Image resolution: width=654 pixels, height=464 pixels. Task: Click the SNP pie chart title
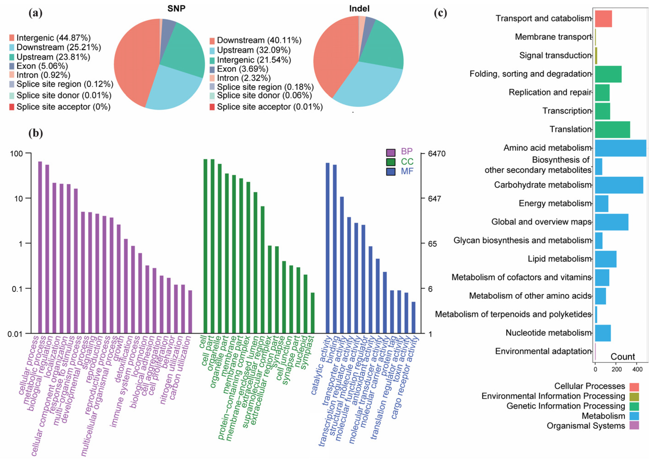(176, 9)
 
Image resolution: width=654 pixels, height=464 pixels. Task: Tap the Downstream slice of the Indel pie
(331, 57)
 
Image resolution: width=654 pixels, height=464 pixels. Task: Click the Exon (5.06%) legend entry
(42, 66)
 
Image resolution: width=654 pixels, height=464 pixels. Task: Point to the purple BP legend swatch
(390, 152)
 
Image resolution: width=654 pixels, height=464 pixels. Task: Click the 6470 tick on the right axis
(436, 154)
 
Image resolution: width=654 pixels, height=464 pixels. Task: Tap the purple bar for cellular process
(40, 247)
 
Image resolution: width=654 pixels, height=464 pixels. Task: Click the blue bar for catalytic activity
(327, 248)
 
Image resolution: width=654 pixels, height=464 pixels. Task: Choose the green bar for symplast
(313, 313)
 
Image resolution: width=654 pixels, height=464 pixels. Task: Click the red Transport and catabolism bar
(603, 18)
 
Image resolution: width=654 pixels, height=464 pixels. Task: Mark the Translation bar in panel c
(612, 130)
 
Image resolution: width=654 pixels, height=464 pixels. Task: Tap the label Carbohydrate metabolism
(542, 185)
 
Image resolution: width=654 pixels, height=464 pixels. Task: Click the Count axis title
(623, 357)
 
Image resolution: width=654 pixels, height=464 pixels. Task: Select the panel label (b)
(36, 133)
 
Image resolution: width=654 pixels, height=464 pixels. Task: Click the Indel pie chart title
(359, 9)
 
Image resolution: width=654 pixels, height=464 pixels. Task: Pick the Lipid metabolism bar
(605, 259)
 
